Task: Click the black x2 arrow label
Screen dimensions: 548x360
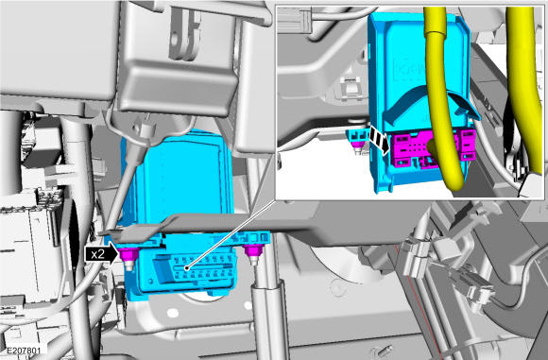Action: (101, 254)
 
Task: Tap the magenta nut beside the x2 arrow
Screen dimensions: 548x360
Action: (129, 254)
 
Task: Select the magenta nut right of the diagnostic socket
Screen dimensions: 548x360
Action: (253, 250)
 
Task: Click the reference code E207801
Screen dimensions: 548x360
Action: (24, 351)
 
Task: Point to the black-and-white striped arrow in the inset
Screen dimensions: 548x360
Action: (380, 140)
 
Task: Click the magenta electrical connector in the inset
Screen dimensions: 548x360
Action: (433, 149)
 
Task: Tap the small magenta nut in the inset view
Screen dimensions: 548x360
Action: (357, 145)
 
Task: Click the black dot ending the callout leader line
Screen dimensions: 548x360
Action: (187, 268)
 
